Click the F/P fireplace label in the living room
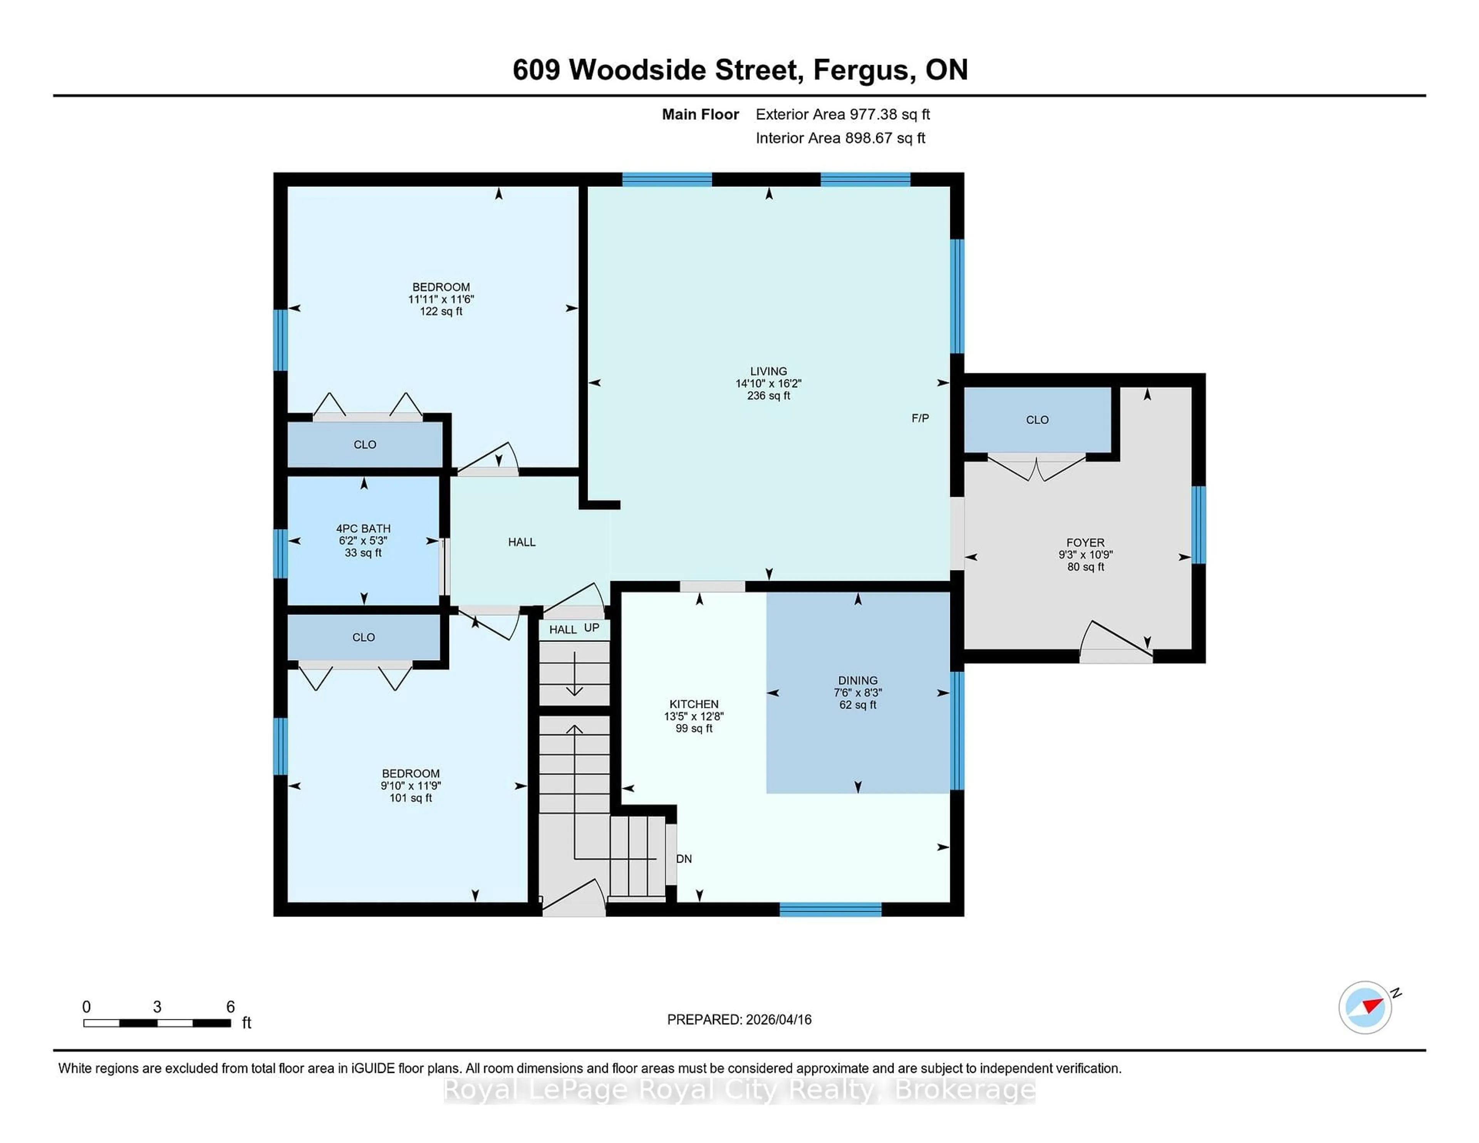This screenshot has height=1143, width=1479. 920,419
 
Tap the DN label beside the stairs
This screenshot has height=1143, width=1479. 684,859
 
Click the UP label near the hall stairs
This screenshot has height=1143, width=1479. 591,628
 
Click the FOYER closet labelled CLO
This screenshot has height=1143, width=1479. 1037,420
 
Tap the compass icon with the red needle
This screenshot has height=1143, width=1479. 1365,1007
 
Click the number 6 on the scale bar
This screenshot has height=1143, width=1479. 230,1007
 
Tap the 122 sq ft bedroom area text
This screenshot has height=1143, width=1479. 441,312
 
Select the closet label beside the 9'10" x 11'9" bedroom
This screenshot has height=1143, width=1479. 364,637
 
